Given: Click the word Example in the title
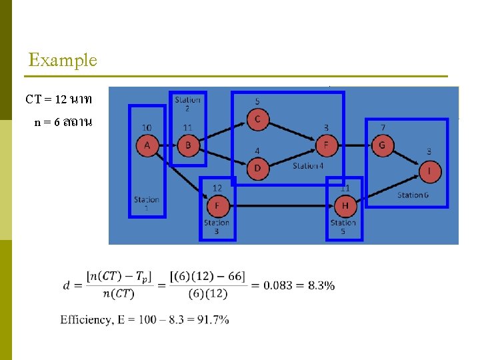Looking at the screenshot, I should [x=63, y=60].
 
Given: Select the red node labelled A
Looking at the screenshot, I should [x=147, y=145].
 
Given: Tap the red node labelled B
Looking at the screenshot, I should [x=189, y=145].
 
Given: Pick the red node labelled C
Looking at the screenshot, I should [x=258, y=120].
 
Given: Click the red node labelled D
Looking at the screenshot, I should [x=258, y=168].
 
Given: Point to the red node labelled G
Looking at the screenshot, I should [x=382, y=145].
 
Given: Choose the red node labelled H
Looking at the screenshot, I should [x=345, y=205].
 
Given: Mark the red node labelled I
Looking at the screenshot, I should [x=430, y=173].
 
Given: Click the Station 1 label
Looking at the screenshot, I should [x=147, y=203].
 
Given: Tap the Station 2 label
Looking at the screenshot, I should [x=187, y=104].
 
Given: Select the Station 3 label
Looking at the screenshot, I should [x=217, y=227].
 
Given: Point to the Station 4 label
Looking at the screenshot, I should [x=308, y=165].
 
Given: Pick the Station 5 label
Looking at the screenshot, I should [x=343, y=227].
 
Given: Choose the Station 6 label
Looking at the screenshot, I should [x=413, y=195].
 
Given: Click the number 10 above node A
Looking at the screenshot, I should [x=147, y=127].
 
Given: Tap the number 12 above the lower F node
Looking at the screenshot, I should [x=217, y=188].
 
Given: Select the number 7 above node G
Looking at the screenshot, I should [x=383, y=127].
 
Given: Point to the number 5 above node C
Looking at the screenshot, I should [x=257, y=101].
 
